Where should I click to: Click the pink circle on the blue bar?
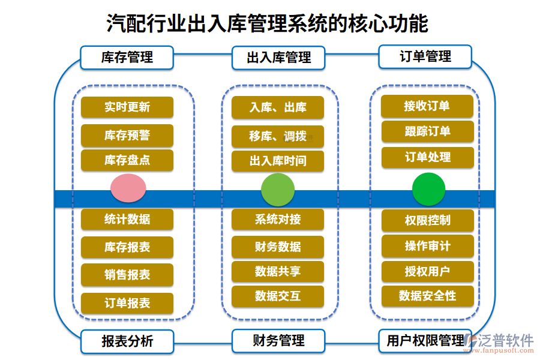(128, 188)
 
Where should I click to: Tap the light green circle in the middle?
(278, 190)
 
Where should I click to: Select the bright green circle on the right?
(428, 189)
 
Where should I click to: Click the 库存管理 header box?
(127, 58)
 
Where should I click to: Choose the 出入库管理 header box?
(278, 58)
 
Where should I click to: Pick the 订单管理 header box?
(425, 57)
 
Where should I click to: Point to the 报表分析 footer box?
(127, 341)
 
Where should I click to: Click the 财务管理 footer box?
(278, 341)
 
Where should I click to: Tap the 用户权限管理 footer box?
(425, 341)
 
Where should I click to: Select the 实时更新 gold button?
(127, 107)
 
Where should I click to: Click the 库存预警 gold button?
(127, 136)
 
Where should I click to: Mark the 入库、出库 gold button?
(278, 107)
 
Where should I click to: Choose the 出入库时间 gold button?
(278, 161)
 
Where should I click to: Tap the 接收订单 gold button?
(427, 106)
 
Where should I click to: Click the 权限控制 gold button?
(427, 220)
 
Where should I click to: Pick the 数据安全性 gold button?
(427, 296)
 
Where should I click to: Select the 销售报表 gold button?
(127, 275)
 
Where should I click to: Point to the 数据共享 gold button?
(278, 271)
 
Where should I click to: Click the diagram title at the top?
(267, 24)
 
